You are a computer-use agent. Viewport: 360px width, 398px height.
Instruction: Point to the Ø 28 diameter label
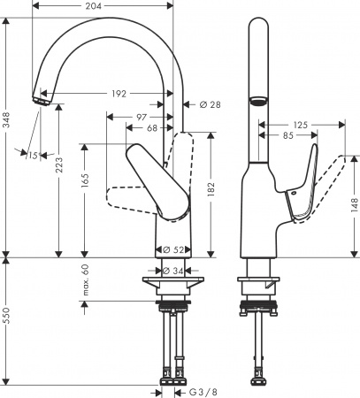coord(209,105)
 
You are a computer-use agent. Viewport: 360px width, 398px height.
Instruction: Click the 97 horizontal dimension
coord(142,118)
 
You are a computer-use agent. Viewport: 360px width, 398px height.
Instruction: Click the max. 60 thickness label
coord(87,281)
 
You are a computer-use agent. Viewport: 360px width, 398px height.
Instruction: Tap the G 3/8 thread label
coord(202,392)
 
